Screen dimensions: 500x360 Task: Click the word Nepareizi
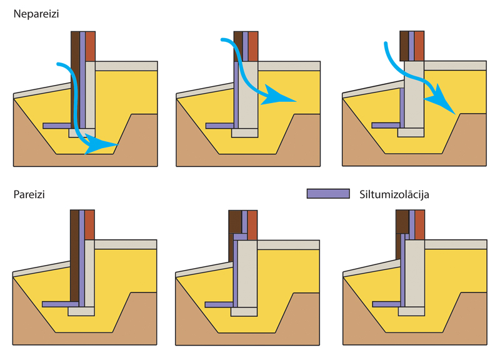tap(36, 14)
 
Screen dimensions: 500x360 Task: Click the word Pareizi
tap(29, 194)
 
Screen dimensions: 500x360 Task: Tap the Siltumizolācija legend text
tap(394, 194)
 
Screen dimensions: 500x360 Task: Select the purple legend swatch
tap(328, 194)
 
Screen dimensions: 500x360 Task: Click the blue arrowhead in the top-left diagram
tap(99, 144)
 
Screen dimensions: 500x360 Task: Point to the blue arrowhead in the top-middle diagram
tap(276, 96)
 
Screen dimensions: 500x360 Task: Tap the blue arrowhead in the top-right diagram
tap(442, 99)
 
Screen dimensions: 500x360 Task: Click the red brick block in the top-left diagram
tap(90, 46)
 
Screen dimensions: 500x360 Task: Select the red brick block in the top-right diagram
tap(419, 46)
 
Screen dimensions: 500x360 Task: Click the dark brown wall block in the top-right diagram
tap(404, 46)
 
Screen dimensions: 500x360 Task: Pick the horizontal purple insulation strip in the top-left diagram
tap(57, 126)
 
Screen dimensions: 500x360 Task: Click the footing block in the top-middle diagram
tap(244, 133)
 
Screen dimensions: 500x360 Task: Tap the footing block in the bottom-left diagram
tap(81, 311)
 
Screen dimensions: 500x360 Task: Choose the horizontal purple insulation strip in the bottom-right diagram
tap(386, 304)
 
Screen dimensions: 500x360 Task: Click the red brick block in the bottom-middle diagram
tap(252, 225)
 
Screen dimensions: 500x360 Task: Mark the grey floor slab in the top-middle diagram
tap(289, 66)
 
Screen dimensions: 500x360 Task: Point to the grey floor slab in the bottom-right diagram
tap(456, 244)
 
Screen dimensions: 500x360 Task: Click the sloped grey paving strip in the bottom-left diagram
tap(41, 269)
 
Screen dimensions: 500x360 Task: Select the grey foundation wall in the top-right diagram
tap(414, 95)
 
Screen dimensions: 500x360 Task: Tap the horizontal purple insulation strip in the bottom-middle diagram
tap(219, 305)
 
